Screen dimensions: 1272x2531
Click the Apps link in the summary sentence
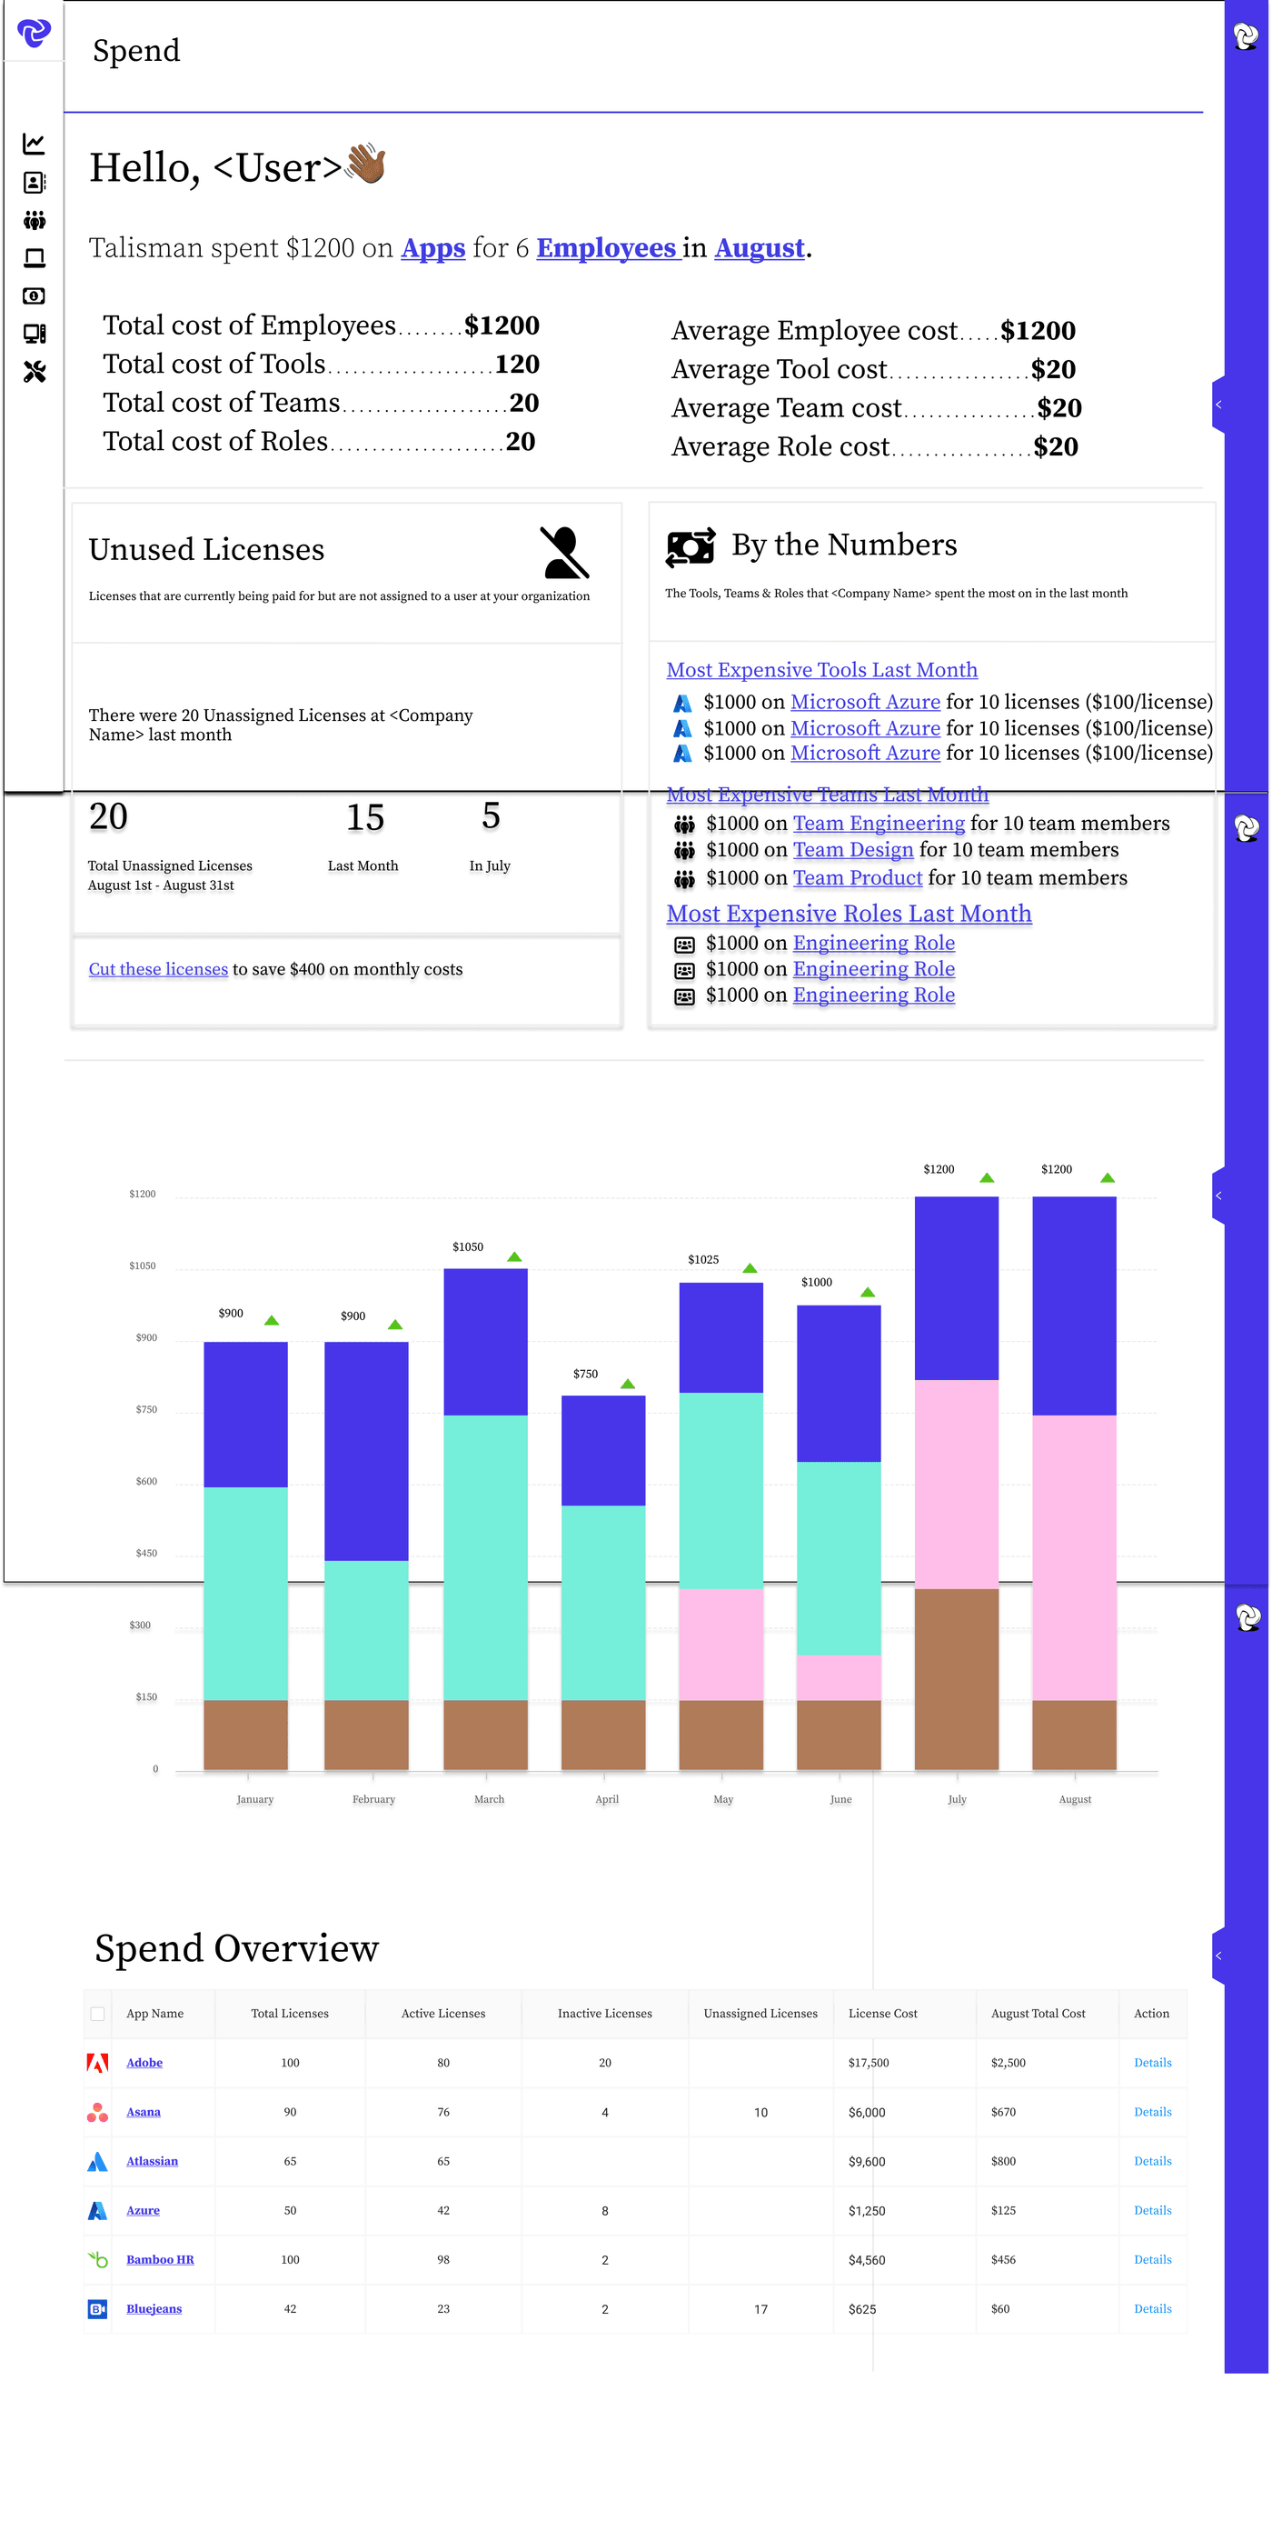click(432, 247)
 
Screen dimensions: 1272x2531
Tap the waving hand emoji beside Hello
click(365, 164)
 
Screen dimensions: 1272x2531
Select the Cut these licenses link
click(158, 969)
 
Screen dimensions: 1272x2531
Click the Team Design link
click(852, 850)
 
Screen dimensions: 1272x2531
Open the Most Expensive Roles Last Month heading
click(849, 914)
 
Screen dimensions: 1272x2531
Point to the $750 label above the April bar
click(585, 1374)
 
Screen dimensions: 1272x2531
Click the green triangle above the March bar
click(513, 1256)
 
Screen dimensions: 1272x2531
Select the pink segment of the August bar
click(1074, 1557)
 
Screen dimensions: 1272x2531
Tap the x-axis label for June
click(840, 1799)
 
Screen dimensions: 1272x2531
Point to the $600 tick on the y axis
click(146, 1481)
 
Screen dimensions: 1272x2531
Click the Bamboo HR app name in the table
click(160, 2259)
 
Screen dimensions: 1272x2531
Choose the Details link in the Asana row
click(1152, 2112)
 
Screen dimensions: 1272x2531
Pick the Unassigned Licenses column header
click(760, 2013)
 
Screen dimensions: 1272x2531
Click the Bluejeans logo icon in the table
click(97, 2308)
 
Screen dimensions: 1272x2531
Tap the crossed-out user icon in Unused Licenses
click(564, 552)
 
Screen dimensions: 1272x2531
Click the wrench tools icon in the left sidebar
click(35, 372)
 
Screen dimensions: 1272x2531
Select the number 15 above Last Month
click(364, 817)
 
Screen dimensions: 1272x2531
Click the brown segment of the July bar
click(956, 1678)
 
